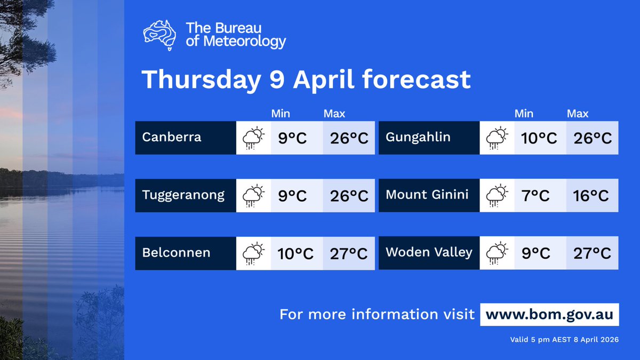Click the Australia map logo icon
tap(160, 35)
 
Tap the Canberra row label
tap(172, 138)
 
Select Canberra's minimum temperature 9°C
tap(292, 138)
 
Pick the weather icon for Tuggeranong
tap(253, 196)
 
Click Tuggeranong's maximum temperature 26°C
tap(349, 196)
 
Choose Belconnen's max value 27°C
tap(349, 253)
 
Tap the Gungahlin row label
tap(418, 138)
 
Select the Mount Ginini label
tap(427, 195)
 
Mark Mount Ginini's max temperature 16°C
tap(591, 196)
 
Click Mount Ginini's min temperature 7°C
tap(536, 196)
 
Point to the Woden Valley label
tap(429, 252)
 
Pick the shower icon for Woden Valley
tap(497, 253)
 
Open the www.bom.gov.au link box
tap(549, 314)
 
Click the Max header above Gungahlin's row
tap(578, 114)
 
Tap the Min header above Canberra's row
tap(281, 114)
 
